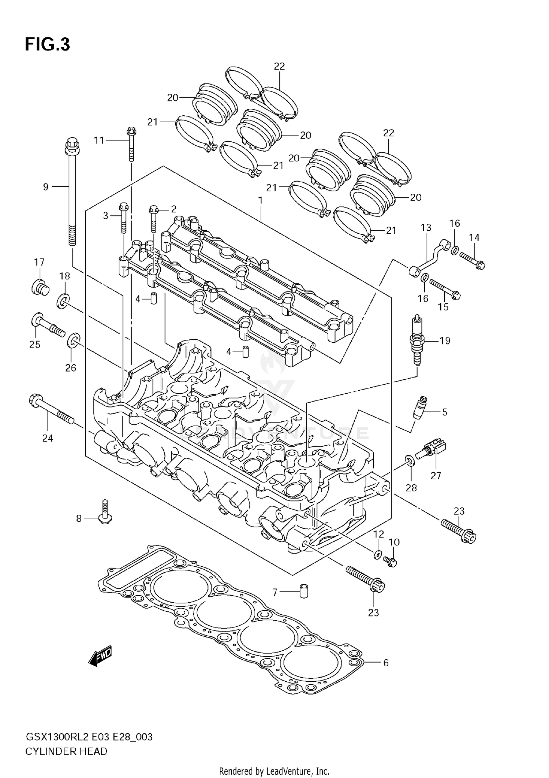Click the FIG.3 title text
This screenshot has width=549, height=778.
(x=47, y=45)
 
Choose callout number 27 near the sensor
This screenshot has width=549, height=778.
(x=436, y=476)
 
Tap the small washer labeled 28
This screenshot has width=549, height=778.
(x=410, y=460)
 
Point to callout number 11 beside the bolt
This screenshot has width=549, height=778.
(x=99, y=140)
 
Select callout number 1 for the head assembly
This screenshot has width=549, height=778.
(x=260, y=201)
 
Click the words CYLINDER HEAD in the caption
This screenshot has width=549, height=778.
(x=66, y=752)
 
